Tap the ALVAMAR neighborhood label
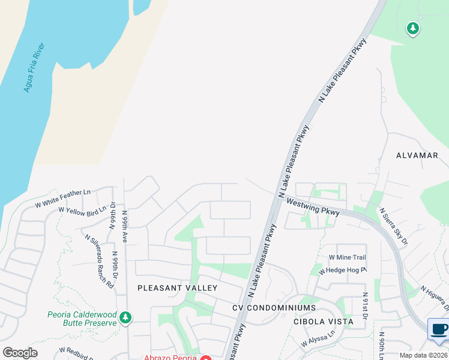pos(417,155)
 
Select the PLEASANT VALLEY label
pos(177,288)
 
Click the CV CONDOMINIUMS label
pos(274,308)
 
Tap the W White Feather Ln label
pos(62,197)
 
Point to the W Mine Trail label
pos(347,257)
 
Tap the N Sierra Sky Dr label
pos(393,227)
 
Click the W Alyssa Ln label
pos(318,340)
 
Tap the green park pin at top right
pos(412,28)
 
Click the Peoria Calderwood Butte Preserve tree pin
pos(125,317)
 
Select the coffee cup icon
pos(438,329)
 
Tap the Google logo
pos(20,353)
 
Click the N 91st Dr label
pos(365,307)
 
